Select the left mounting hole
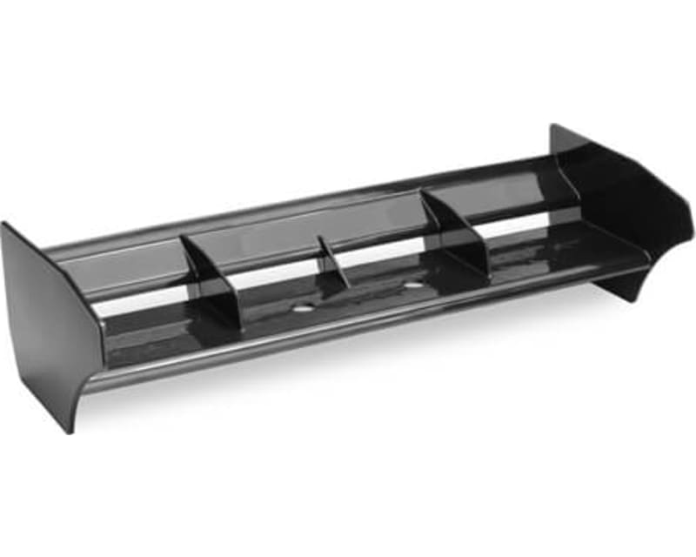click(301, 308)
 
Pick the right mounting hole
click(412, 284)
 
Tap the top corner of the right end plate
click(553, 127)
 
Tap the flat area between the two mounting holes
click(357, 296)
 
